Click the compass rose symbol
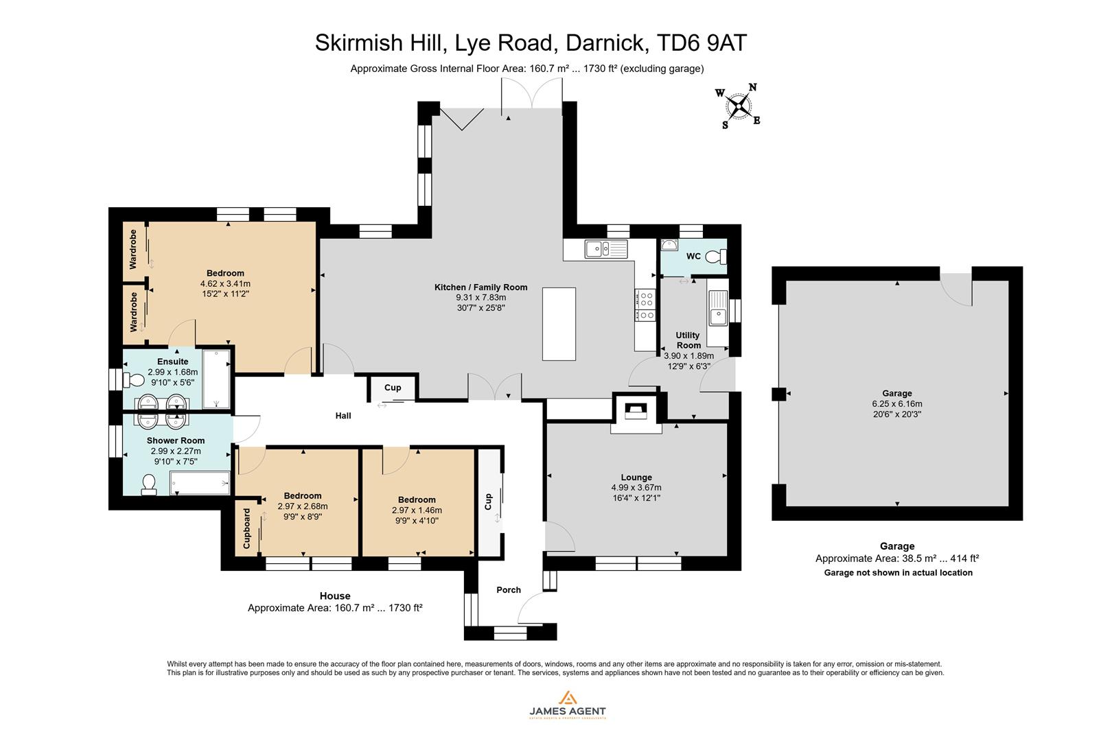[x=739, y=106]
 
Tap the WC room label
[x=693, y=257]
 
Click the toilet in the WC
[x=717, y=257]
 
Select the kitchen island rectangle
[x=559, y=324]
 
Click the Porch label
[x=509, y=590]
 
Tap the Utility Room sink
[x=718, y=307]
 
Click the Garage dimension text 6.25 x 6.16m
[x=897, y=404]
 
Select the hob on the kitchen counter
[x=646, y=306]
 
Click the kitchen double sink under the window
[x=606, y=248]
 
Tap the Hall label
[x=343, y=416]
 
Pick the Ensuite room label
[x=172, y=362]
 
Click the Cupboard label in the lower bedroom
[x=247, y=529]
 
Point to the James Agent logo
[x=567, y=705]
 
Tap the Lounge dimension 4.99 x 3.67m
[x=636, y=488]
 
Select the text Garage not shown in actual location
[x=898, y=573]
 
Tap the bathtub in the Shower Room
[x=200, y=483]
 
